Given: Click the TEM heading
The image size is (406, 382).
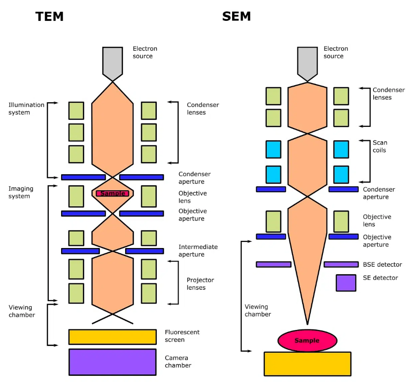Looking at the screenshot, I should pyautogui.click(x=49, y=17).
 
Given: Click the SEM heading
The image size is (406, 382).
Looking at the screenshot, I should pyautogui.click(x=236, y=17).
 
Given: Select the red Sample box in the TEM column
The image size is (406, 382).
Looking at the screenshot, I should pyautogui.click(x=112, y=193).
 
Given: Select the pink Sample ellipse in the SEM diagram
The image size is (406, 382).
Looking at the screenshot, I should pyautogui.click(x=307, y=340).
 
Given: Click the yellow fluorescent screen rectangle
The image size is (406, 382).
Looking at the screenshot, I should pyautogui.click(x=112, y=337).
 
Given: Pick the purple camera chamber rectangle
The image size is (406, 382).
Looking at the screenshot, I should pyautogui.click(x=112, y=362).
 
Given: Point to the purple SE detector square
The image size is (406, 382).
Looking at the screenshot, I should pyautogui.click(x=346, y=283).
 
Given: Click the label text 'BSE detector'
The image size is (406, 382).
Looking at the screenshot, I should pyautogui.click(x=382, y=265).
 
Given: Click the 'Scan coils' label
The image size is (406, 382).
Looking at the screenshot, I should pyautogui.click(x=379, y=146).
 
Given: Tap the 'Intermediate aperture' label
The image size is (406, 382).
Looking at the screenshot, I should pyautogui.click(x=198, y=250).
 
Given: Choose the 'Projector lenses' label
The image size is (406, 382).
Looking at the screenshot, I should pyautogui.click(x=200, y=284).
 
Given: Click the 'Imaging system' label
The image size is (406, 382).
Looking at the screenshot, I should pyautogui.click(x=21, y=192).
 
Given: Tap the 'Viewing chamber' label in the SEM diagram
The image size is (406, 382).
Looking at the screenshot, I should pyautogui.click(x=258, y=311).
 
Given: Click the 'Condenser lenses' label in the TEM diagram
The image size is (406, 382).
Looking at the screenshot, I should pyautogui.click(x=203, y=108).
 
